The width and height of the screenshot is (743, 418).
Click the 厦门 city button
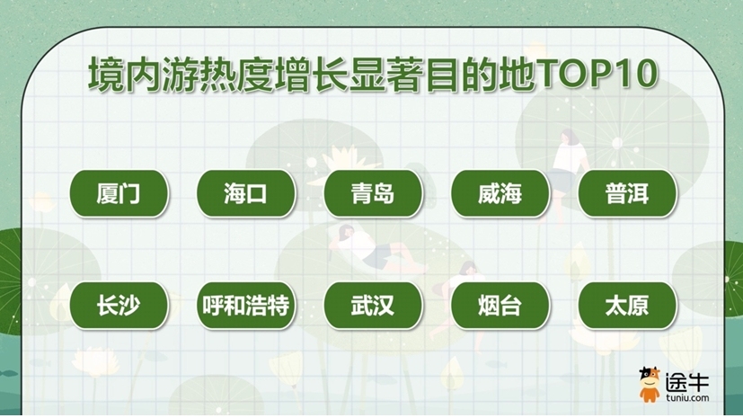pos(119,193)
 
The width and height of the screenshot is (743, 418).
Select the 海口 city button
pos(246,193)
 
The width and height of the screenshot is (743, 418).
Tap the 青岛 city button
pos(373,193)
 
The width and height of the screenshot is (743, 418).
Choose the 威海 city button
pos(500,193)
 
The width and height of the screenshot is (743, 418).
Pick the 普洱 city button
pos(627,193)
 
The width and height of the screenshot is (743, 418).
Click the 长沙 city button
pos(119,306)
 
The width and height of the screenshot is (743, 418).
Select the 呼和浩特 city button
pos(246,306)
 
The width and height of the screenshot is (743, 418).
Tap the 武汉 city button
pos(373,306)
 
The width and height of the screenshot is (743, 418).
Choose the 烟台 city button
pos(500,306)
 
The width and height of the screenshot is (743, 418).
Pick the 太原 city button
pos(627,306)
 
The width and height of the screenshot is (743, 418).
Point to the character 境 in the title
pos(106,75)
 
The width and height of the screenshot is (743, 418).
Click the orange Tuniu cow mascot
pos(650,385)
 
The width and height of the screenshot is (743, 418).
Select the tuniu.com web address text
pos(687,397)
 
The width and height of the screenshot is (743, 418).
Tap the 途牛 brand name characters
pos(687,381)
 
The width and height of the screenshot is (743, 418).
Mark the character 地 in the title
pos(517,75)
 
